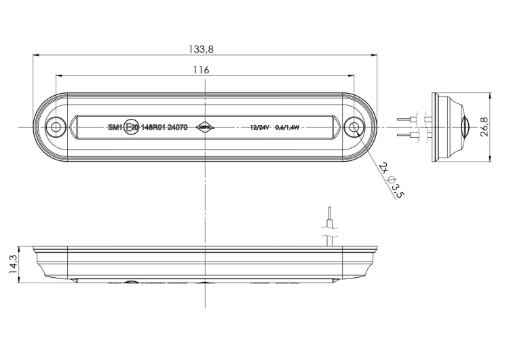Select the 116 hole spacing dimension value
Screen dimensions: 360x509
[201, 69]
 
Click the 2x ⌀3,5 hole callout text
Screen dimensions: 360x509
[392, 180]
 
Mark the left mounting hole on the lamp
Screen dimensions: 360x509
[56, 127]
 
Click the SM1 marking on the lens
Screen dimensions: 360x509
[114, 127]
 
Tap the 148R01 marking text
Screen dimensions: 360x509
[153, 127]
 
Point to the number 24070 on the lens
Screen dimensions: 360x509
[177, 127]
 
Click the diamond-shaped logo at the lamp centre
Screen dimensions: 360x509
[205, 127]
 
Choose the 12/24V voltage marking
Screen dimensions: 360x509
[260, 127]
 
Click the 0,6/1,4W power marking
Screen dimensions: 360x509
[287, 127]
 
